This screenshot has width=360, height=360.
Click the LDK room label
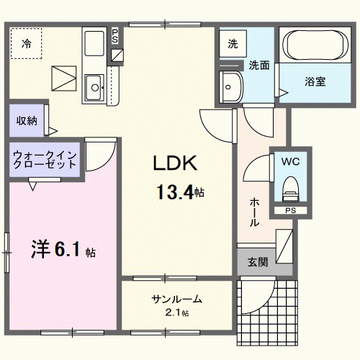(x=174, y=164)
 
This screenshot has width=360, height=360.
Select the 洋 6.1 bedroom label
(x=62, y=251)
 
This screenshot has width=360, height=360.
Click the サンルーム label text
(x=176, y=300)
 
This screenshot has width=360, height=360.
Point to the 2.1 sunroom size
(x=176, y=312)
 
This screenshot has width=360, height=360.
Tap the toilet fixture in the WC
(x=290, y=189)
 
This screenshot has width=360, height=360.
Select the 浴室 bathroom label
(x=315, y=81)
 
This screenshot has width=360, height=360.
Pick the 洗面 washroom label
(x=259, y=65)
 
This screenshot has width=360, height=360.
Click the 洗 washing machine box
(x=233, y=43)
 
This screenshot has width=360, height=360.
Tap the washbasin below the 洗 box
(x=232, y=86)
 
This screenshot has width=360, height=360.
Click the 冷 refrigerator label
(x=27, y=43)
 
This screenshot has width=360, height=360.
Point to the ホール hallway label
(x=255, y=212)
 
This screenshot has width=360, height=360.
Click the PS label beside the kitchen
(x=116, y=35)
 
